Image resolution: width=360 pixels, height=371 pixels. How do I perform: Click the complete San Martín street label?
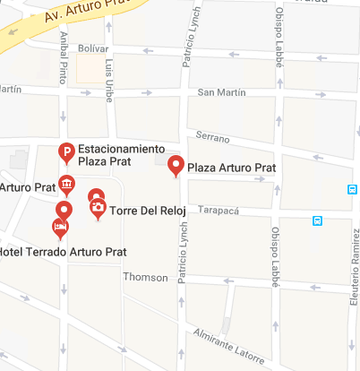(219, 92)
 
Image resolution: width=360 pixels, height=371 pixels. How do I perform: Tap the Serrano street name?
(212, 138)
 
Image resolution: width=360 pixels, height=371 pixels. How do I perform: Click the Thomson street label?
(145, 277)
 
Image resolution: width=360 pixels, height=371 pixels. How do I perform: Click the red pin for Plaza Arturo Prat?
(176, 165)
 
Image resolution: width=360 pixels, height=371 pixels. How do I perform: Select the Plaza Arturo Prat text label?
(230, 168)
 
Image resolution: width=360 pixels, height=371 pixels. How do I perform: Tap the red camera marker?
(97, 209)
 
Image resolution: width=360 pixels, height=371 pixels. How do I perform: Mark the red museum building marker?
(66, 185)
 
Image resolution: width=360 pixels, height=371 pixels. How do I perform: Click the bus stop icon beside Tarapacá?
(317, 220)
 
